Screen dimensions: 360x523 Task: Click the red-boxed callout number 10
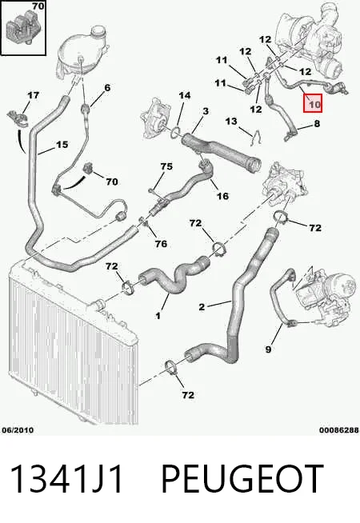point(314,105)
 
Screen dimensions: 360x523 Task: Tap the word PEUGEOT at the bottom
point(242,479)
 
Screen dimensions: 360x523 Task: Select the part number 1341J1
point(66,479)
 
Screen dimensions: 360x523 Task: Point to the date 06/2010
point(18,430)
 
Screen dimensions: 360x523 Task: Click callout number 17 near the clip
point(33,95)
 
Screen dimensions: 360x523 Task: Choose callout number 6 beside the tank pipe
point(107,88)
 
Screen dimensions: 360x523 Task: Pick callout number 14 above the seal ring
point(184,96)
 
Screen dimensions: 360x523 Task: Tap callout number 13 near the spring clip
point(231,122)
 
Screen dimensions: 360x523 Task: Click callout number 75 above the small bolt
point(166,166)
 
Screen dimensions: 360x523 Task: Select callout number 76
point(161,244)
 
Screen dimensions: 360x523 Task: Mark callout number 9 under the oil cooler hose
point(268,349)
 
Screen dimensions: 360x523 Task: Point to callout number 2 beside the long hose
point(202,307)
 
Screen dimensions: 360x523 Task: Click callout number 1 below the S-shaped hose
point(158,316)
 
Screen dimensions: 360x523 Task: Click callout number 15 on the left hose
point(62,145)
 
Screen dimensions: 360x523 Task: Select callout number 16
point(222,196)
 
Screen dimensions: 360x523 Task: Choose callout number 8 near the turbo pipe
point(317,124)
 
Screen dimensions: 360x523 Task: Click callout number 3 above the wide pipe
point(206,111)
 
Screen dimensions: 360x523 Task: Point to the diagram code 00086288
point(339,430)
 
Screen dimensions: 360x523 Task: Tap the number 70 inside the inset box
point(38,6)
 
